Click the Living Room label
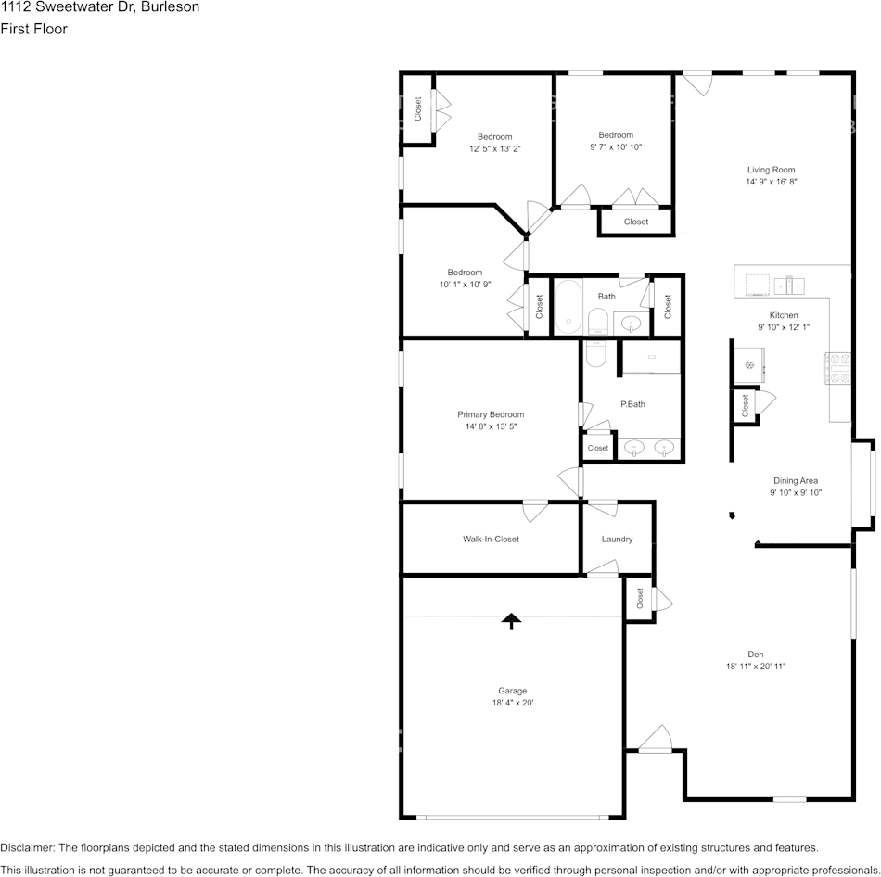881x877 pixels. pyautogui.click(x=771, y=170)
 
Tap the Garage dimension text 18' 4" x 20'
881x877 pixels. pyautogui.click(x=513, y=703)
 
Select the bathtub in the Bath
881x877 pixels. pyautogui.click(x=568, y=307)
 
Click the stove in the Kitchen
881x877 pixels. pyautogui.click(x=837, y=368)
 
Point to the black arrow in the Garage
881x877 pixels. pyautogui.click(x=511, y=621)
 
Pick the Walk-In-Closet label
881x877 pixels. pyautogui.click(x=491, y=539)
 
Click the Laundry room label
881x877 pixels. pyautogui.click(x=617, y=539)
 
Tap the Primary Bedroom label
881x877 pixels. pyautogui.click(x=491, y=414)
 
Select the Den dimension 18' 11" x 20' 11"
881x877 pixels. pyautogui.click(x=756, y=667)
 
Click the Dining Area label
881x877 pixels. pyautogui.click(x=796, y=480)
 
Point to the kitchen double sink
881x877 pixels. pyautogui.click(x=789, y=286)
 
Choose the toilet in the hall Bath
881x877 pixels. pyautogui.click(x=598, y=323)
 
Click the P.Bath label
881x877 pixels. pyautogui.click(x=632, y=404)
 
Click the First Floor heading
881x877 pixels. pyautogui.click(x=33, y=29)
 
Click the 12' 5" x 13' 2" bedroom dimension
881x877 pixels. pyautogui.click(x=495, y=149)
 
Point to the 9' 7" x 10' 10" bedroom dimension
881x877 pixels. pyautogui.click(x=616, y=147)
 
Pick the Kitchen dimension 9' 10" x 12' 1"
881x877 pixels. pyautogui.click(x=784, y=327)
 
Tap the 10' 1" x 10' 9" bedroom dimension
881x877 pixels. pyautogui.click(x=465, y=285)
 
